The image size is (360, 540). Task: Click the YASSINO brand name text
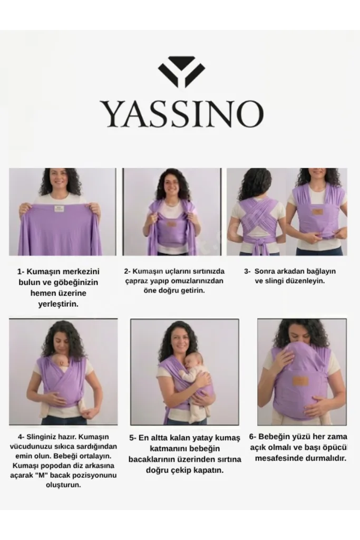(x=181, y=114)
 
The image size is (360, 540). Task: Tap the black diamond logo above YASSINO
(x=181, y=72)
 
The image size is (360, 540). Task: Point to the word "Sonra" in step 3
(x=266, y=272)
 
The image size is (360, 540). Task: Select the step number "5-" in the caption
(x=133, y=438)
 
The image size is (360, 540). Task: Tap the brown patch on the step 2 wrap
(x=172, y=224)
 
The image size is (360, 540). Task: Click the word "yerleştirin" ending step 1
(x=57, y=304)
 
